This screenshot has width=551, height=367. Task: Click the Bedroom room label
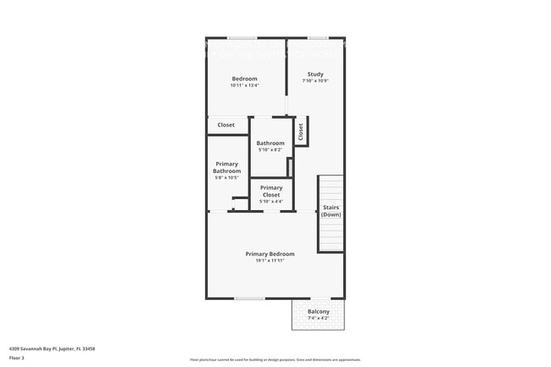(x=244, y=79)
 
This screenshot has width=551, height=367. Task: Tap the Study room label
(x=315, y=75)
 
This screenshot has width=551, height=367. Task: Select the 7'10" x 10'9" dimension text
(x=315, y=81)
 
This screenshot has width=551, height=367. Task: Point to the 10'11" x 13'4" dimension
(x=244, y=86)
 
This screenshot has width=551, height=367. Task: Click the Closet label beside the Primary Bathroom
(x=226, y=125)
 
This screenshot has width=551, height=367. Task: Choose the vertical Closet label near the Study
(x=300, y=131)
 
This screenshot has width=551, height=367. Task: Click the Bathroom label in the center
(x=270, y=143)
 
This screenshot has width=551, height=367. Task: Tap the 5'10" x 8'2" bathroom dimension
(x=270, y=150)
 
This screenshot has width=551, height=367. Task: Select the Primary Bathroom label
(x=227, y=167)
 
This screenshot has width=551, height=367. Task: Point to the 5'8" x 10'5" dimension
(x=227, y=177)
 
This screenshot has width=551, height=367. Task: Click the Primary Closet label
(x=271, y=191)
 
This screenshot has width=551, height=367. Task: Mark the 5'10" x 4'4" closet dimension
(x=271, y=202)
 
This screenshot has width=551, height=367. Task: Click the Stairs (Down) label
(x=331, y=211)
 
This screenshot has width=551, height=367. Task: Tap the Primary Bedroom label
(x=270, y=254)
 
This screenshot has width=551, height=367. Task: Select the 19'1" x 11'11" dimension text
(x=270, y=261)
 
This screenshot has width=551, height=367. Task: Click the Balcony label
(x=319, y=312)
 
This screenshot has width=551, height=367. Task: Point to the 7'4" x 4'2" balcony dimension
(x=319, y=319)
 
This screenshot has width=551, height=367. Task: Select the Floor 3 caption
(x=17, y=358)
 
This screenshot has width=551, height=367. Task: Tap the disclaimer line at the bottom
(x=275, y=359)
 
